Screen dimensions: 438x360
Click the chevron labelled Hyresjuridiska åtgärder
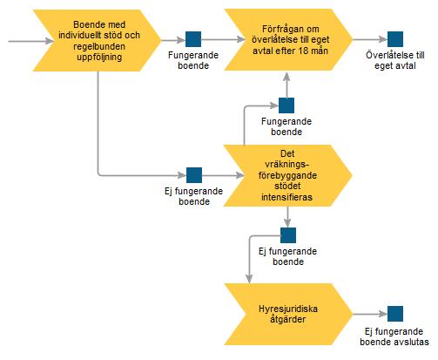click(x=288, y=314)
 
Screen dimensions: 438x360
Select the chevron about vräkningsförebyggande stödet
click(x=287, y=175)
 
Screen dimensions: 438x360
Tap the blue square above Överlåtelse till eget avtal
click(x=395, y=39)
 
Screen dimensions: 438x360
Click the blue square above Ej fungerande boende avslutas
click(x=395, y=314)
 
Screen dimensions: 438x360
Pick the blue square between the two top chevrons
click(x=193, y=39)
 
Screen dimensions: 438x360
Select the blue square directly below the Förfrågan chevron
click(x=286, y=105)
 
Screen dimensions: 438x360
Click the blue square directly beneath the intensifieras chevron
click(x=288, y=235)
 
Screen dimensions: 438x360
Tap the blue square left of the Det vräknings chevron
click(x=194, y=175)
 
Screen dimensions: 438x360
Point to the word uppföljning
click(x=99, y=57)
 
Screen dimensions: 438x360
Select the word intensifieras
click(x=286, y=197)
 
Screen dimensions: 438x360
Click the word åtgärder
click(x=288, y=319)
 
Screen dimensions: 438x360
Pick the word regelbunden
click(x=99, y=46)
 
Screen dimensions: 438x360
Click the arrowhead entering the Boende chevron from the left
click(x=50, y=41)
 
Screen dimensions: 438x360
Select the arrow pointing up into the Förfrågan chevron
click(x=286, y=85)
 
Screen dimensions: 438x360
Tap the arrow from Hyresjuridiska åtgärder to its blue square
click(x=370, y=314)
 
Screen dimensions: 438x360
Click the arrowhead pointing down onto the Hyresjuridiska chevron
click(x=249, y=279)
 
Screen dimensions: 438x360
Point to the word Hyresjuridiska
click(x=288, y=309)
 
